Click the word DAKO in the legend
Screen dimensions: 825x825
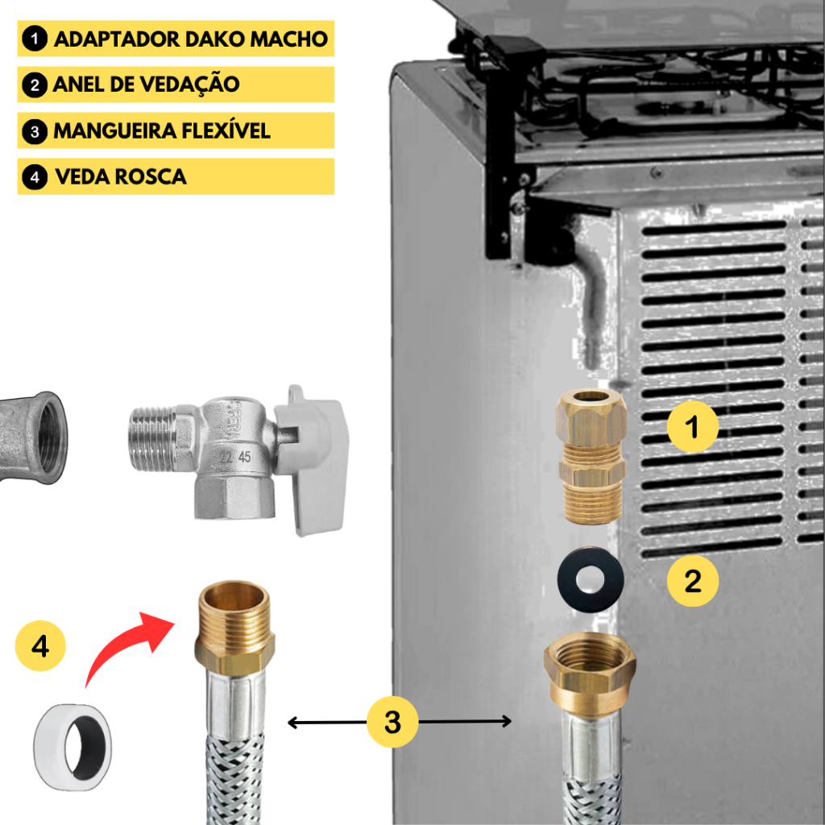coord(214,39)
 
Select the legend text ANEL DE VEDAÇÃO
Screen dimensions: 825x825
coord(147,84)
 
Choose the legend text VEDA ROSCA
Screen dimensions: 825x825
coord(121,176)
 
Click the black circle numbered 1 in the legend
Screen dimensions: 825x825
coord(35,39)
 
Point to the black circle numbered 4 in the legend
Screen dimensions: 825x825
coord(35,176)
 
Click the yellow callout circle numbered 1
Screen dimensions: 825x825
coord(692,426)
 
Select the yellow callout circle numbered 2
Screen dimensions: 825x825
coord(692,581)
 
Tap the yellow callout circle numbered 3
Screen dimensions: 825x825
coord(392,722)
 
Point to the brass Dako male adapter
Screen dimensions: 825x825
coord(591,456)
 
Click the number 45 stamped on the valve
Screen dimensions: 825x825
coord(245,457)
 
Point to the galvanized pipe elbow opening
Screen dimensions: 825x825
coord(51,437)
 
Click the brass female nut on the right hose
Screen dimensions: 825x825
coord(590,673)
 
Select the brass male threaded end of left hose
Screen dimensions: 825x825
coord(234,625)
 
